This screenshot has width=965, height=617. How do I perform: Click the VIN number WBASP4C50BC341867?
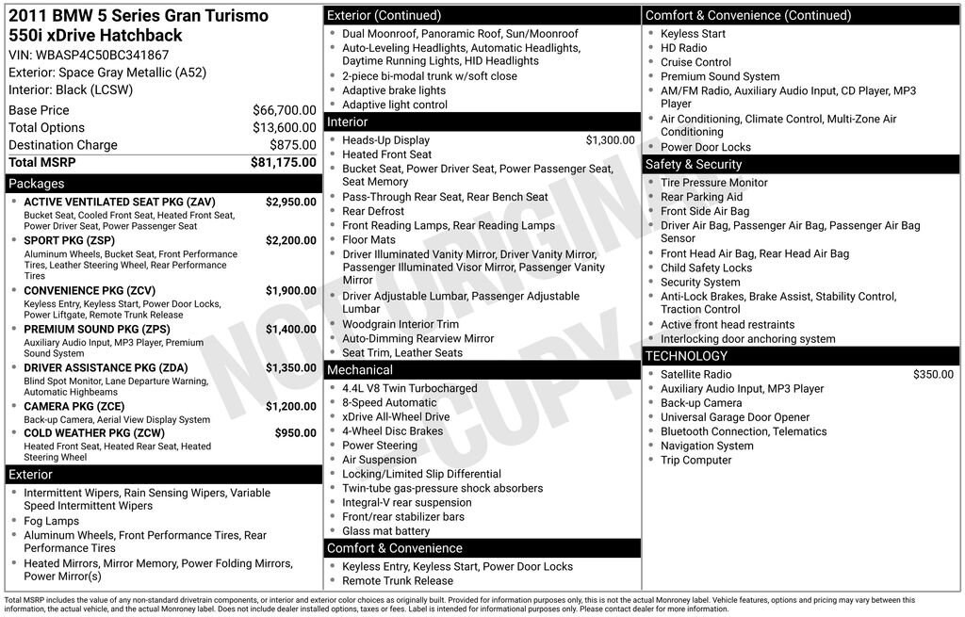tap(103, 55)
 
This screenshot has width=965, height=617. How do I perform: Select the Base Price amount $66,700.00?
tap(284, 110)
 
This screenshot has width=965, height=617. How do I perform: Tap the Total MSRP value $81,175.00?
tap(283, 162)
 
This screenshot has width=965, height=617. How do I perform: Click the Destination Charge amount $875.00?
tap(294, 145)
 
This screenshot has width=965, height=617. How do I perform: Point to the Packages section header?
tap(37, 184)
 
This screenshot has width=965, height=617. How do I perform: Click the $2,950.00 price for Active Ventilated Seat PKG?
tap(290, 202)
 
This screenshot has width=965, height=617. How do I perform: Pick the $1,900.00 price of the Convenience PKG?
tap(290, 290)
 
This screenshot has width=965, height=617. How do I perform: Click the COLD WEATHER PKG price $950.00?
tap(295, 433)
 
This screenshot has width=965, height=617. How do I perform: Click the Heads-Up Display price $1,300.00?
tap(610, 140)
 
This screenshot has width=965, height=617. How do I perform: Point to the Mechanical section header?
tap(360, 370)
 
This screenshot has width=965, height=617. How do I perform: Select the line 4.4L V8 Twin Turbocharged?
tap(409, 388)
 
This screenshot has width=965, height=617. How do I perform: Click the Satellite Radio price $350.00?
tap(933, 374)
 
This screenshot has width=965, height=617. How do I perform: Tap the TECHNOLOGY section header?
tap(686, 356)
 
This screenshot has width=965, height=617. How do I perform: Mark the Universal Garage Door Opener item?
tap(735, 417)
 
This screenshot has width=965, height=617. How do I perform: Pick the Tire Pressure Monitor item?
tap(713, 183)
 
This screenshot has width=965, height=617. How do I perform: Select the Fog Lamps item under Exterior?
tap(51, 521)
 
